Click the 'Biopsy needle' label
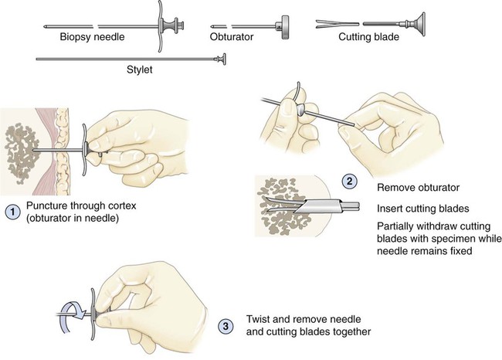tap(92, 37)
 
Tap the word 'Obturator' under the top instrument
tap(232, 37)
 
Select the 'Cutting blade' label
tap(368, 37)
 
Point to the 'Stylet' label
tap(140, 70)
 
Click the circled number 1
tap(13, 212)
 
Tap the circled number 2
tap(349, 182)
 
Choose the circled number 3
tap(226, 326)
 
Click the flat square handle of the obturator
tap(284, 27)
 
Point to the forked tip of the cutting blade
tap(324, 24)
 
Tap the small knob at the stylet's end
tap(222, 59)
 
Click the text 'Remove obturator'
tap(418, 188)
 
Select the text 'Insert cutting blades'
tap(423, 209)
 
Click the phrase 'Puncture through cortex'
tap(81, 205)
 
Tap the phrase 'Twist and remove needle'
tap(304, 319)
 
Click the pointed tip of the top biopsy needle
tap(45, 26)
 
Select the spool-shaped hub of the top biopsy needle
tap(171, 25)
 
